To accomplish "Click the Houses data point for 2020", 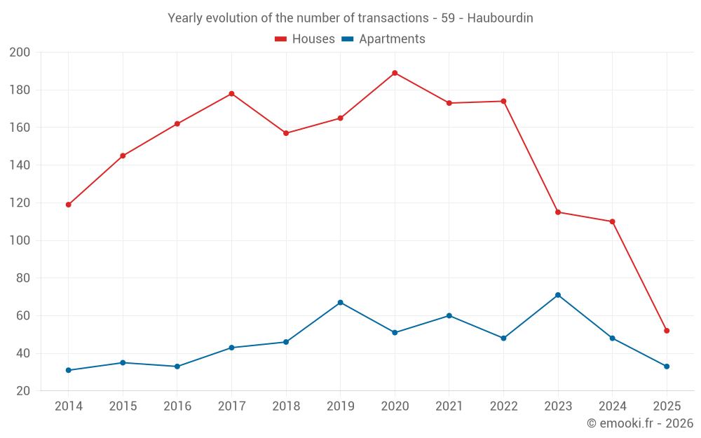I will point(395,73).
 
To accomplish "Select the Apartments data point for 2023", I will point(558,295).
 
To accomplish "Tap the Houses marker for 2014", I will point(68,205).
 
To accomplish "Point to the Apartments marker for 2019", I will point(340,303).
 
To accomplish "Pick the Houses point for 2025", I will point(667,331).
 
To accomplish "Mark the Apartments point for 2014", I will point(68,370).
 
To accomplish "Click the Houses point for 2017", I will point(231,94).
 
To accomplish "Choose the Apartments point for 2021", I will point(449,315).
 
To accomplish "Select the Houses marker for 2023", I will point(558,212).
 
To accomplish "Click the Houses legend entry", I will point(305,39).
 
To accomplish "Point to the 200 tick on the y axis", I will point(20,53).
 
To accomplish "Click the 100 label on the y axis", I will point(20,240).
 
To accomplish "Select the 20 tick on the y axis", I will point(23,390).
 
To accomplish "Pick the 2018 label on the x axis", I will point(286,406).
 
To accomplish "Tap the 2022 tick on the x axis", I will point(503,406).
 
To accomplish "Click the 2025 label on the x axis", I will point(667,406).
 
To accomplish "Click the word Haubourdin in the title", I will point(500,18).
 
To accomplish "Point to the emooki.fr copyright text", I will point(640,423).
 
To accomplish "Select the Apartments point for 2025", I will point(667,367).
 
